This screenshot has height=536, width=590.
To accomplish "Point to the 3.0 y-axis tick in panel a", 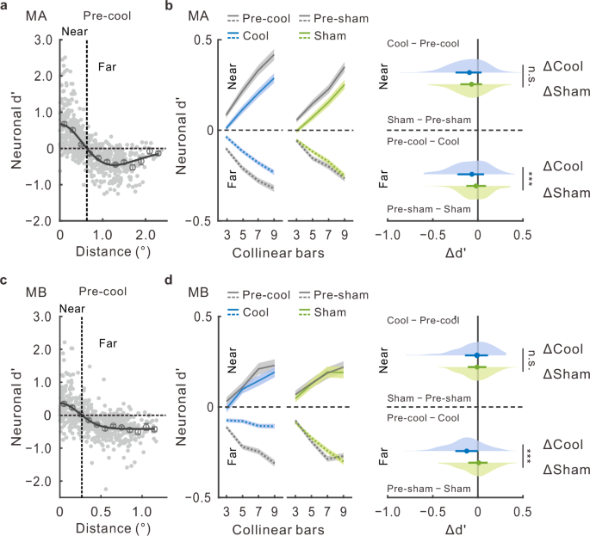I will pos(38,40).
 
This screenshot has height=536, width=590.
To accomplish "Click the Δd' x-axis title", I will pos(476,252).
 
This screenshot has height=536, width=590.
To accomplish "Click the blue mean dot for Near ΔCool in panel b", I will pos(469,73).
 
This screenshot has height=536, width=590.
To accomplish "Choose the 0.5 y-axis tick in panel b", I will pos(202,40).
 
